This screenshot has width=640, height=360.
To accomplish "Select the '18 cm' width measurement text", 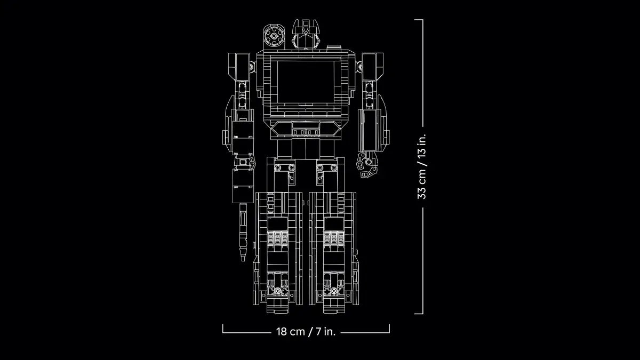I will (x=290, y=331).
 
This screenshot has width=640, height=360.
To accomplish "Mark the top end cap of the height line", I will (x=419, y=20).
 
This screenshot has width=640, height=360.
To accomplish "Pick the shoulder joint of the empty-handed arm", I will (x=362, y=67).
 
